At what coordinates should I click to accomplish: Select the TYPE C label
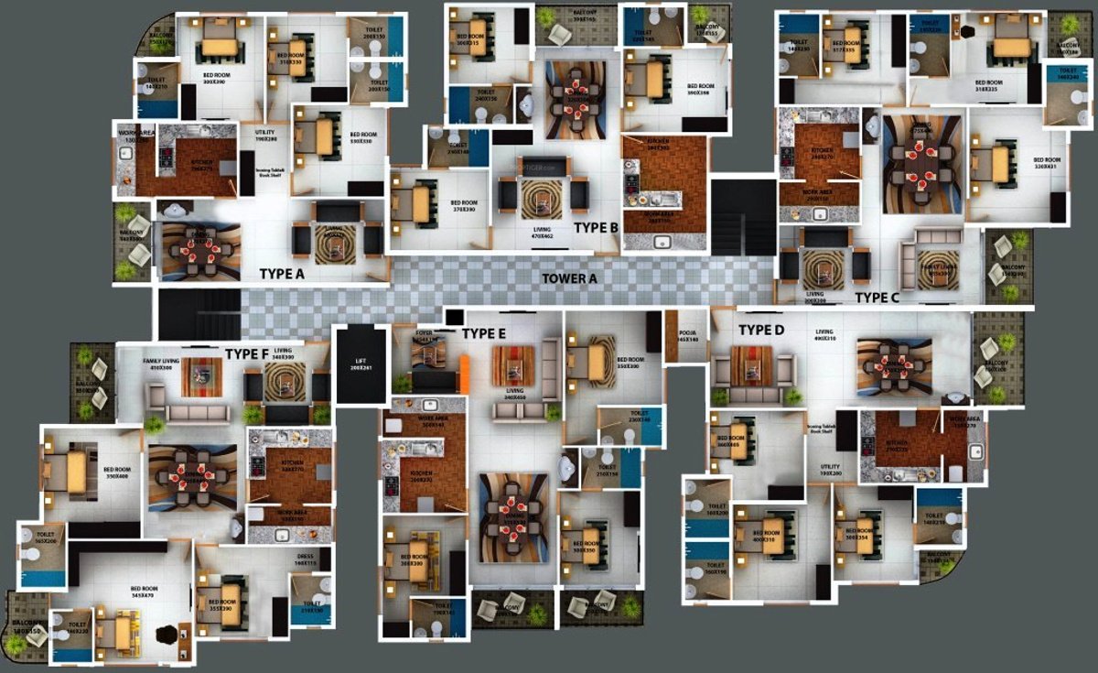[877, 297]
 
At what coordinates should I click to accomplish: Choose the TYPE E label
[483, 333]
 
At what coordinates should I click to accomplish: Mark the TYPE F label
[247, 353]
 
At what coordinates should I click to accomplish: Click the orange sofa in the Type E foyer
[464, 371]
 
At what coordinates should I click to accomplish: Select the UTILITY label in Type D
[830, 469]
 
